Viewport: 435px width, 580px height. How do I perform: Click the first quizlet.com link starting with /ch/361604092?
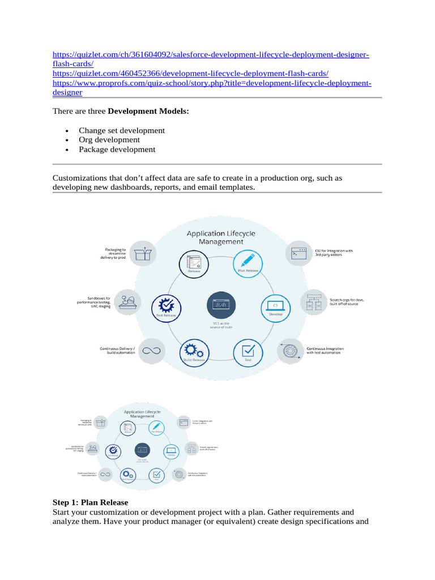coord(210,54)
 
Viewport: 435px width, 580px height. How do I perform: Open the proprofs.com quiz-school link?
coord(212,83)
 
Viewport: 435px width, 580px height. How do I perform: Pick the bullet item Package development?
coord(117,150)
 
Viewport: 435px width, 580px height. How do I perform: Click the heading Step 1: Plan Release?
coord(91,502)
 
